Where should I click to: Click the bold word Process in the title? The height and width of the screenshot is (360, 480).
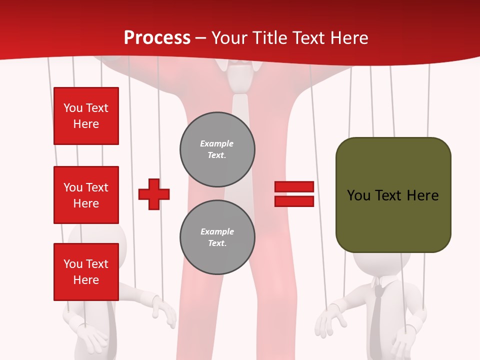157,38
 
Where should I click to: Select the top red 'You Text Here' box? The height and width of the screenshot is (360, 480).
86,116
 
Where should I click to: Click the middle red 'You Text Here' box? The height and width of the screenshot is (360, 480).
86,195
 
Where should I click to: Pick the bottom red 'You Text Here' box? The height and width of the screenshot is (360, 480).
86,272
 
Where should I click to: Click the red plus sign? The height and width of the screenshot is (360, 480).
154,194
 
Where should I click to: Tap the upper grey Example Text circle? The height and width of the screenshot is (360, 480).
217,149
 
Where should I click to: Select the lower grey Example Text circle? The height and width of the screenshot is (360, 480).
217,237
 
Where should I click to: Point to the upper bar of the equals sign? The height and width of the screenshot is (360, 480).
294,186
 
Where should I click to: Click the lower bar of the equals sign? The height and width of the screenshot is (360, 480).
294,201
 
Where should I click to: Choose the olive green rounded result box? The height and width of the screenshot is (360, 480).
393,220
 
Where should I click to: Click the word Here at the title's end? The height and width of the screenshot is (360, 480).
349,38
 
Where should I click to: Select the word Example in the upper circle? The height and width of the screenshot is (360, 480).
217,143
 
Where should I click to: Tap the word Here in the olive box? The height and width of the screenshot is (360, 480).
422,195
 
